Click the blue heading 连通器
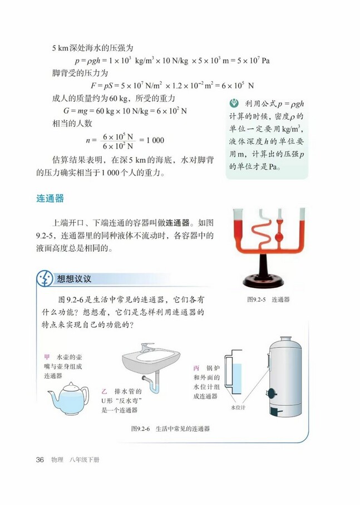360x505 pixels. [x=50, y=198]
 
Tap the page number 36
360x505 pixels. [x=40, y=459]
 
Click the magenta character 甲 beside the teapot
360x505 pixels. [x=47, y=357]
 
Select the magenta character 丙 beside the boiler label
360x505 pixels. [x=196, y=369]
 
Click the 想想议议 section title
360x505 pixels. [x=74, y=278]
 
